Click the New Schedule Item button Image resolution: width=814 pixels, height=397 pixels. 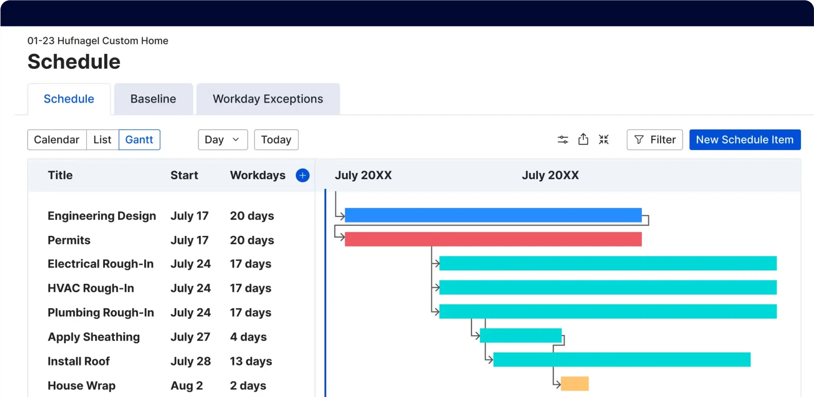click(x=744, y=140)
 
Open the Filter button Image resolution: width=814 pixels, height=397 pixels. click(x=654, y=140)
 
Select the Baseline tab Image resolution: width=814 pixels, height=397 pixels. click(x=153, y=99)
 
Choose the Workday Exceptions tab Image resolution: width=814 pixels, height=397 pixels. click(x=268, y=99)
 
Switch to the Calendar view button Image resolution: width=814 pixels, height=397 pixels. click(x=57, y=140)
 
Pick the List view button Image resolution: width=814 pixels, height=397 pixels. click(x=102, y=140)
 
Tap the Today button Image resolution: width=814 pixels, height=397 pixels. click(x=276, y=140)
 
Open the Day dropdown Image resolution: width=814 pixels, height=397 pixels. click(x=223, y=140)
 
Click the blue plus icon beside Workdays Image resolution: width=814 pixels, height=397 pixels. click(x=303, y=175)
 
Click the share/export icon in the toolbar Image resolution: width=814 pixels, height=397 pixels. click(x=583, y=139)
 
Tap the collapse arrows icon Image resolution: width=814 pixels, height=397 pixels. click(x=604, y=139)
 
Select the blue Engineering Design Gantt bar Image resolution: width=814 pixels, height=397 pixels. click(x=493, y=215)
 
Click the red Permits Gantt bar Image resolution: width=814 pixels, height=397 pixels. click(x=493, y=239)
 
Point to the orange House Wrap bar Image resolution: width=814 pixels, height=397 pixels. click(x=574, y=384)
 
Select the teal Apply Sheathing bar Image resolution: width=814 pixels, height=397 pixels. click(x=520, y=335)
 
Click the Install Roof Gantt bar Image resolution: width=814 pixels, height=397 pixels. click(x=622, y=360)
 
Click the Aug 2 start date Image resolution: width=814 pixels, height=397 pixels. click(x=186, y=386)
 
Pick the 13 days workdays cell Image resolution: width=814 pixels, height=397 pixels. click(x=251, y=361)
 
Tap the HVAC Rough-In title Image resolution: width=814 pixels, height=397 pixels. click(x=91, y=288)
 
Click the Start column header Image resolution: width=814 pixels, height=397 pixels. click(x=184, y=175)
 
